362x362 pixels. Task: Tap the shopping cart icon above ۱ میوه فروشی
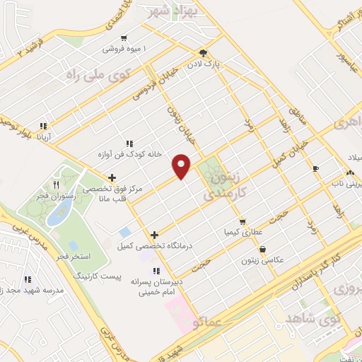pyautogui.click(x=124, y=38)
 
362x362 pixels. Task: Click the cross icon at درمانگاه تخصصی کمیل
pyautogui.click(x=154, y=235)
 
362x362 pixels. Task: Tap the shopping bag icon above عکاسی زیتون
pyautogui.click(x=264, y=249)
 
